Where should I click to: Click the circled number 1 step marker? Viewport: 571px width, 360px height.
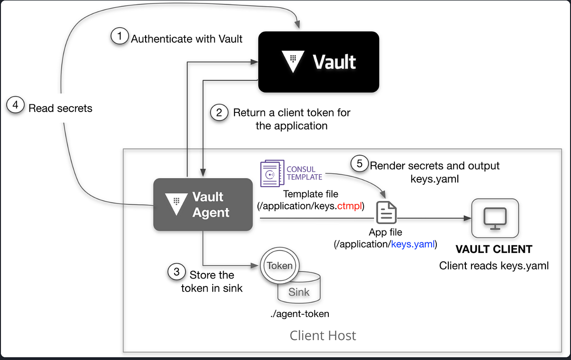pos(119,37)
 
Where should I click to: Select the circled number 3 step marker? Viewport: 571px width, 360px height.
pos(177,272)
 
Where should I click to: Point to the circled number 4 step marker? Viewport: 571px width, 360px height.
pos(15,105)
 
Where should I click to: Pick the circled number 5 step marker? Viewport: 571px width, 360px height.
pos(360,164)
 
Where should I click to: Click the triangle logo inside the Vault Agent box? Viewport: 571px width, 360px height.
pos(175,204)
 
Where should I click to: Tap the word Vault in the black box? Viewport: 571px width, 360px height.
pos(334,62)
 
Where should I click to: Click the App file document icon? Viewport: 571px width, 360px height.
pos(386,212)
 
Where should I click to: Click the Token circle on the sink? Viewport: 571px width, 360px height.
pos(279,266)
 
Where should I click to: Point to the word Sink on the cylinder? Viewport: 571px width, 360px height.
pos(299,292)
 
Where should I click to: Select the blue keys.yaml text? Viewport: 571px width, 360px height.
pos(412,245)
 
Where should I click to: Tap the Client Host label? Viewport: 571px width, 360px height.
pos(323,336)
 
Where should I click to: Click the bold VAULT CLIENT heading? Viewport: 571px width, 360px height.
pos(494,249)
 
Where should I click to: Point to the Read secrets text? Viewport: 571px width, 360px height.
pos(60,108)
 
